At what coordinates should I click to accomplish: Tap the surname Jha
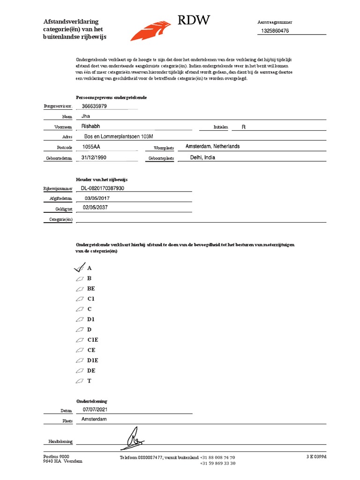pos(85,116)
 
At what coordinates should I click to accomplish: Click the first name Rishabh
pos(91,127)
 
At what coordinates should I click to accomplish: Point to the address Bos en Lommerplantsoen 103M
pos(119,136)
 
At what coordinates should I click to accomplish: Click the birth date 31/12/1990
pos(94,157)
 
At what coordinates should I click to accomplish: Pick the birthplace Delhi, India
pos(202,157)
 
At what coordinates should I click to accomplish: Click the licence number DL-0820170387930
pos(103,188)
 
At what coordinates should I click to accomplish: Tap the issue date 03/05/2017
pos(97,198)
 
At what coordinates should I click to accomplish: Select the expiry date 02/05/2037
pos(95,207)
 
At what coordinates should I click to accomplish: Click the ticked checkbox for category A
pos(79,268)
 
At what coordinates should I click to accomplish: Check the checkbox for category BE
pos(79,289)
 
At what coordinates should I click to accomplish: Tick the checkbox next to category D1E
pos(79,360)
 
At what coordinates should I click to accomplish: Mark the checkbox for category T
pos(79,381)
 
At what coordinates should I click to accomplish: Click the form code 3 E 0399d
pos(316,457)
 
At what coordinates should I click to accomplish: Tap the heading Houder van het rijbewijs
pos(102,180)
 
